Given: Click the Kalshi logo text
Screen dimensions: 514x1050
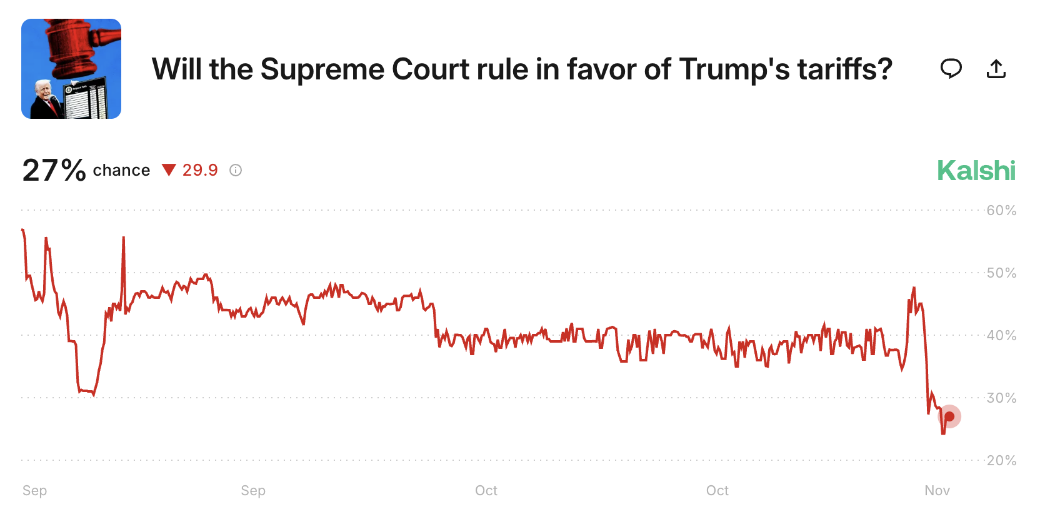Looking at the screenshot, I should tap(976, 171).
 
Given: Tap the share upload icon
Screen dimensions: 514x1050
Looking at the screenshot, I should tap(996, 69).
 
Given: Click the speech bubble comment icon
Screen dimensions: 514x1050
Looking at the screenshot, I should tap(951, 68).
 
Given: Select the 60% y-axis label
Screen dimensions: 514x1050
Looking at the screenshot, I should tap(1001, 211).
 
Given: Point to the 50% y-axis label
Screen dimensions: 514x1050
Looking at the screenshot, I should tap(1001, 273).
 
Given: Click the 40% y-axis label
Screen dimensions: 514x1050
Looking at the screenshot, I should tap(1001, 336).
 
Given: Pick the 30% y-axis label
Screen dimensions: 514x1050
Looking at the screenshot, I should tap(1001, 398).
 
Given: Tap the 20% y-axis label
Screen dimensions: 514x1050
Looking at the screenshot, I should tap(1001, 461).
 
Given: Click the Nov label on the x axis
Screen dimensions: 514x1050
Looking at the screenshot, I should tap(937, 491).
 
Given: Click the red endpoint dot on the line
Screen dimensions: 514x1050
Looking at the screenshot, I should tap(949, 416).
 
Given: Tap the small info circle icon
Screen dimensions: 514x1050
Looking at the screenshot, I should tap(236, 170).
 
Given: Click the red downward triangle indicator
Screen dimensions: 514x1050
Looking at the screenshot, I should tap(169, 170).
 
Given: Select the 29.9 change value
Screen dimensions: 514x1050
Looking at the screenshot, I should tap(200, 170).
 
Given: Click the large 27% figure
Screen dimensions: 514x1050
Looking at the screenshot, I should tap(54, 170).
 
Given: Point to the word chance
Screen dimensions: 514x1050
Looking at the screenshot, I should tap(121, 171).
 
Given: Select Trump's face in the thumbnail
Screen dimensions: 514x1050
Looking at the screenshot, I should tap(43, 91).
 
